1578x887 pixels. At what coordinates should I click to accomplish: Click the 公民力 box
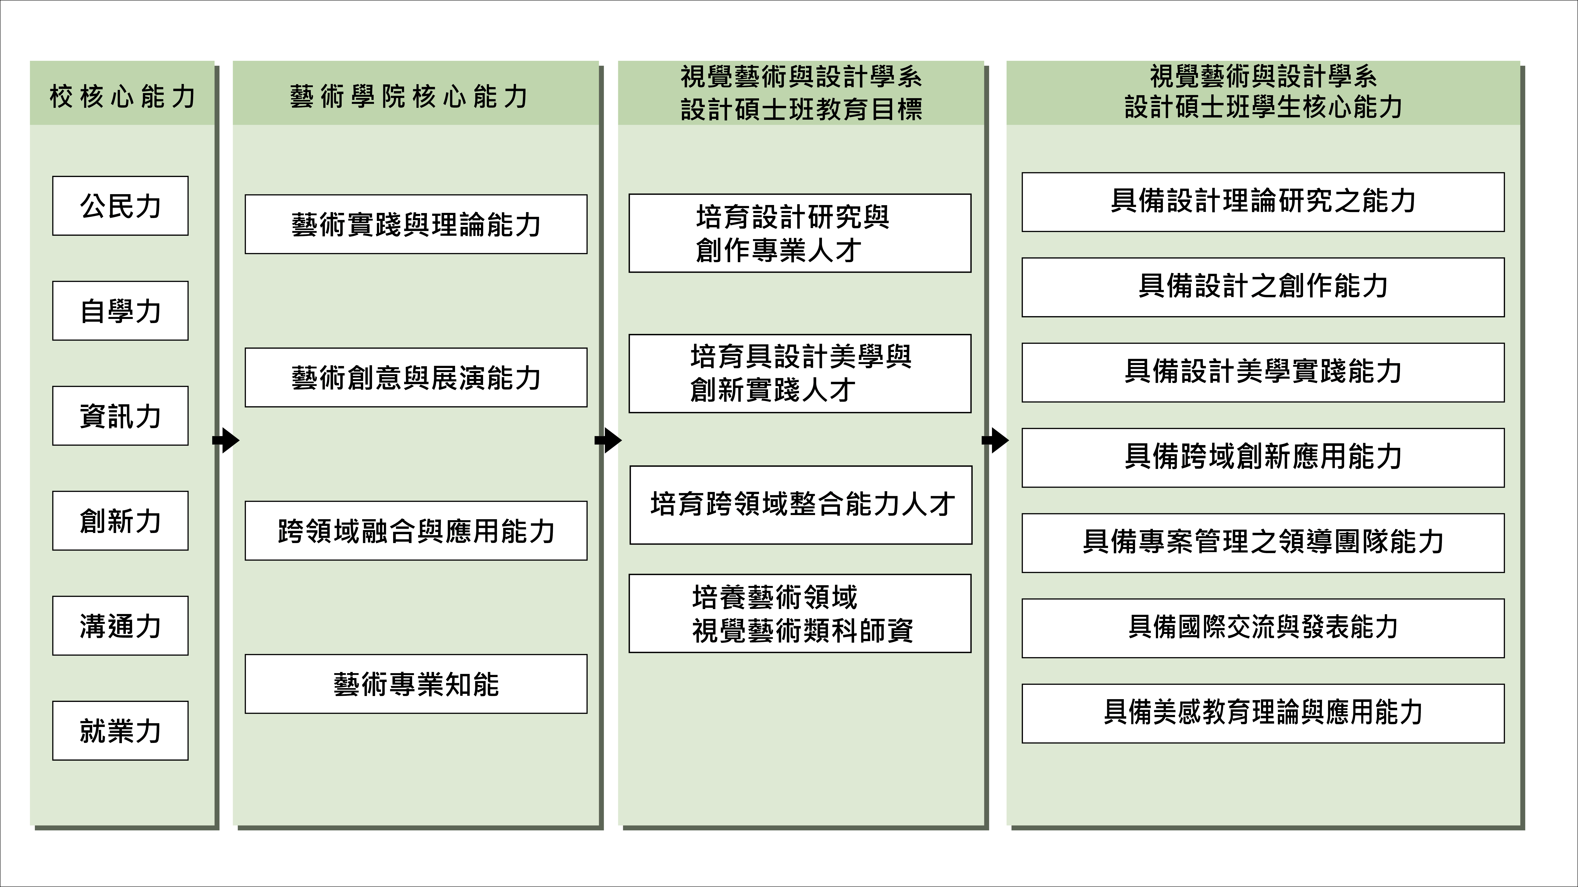pos(120,206)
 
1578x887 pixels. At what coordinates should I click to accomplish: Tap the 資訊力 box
pos(120,416)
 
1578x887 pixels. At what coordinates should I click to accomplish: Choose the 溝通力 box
pos(120,626)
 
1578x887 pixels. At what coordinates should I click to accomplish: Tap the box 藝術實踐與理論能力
pos(416,224)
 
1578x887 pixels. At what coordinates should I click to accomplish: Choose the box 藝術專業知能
pos(416,684)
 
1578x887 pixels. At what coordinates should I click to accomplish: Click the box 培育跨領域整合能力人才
pos(801,505)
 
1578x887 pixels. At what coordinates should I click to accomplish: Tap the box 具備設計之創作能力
pos(1263,287)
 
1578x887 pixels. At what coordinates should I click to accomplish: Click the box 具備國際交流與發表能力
pos(1263,628)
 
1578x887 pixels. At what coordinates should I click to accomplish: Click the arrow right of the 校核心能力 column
pos(226,440)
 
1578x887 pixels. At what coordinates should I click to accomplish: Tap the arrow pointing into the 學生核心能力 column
pos(996,440)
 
